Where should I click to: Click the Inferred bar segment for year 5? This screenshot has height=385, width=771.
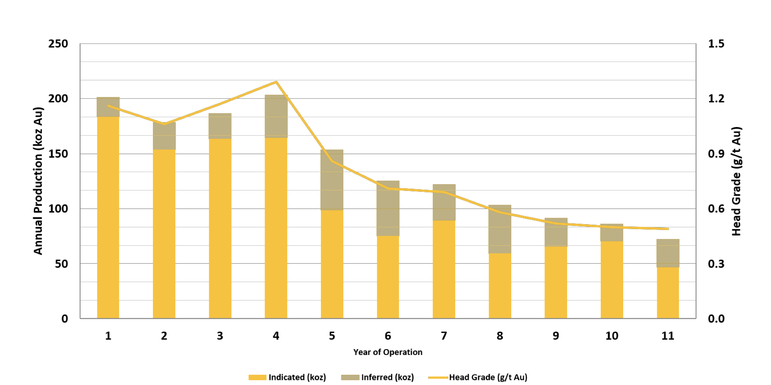[332, 180]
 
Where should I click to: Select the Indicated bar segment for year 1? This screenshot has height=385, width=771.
[108, 217]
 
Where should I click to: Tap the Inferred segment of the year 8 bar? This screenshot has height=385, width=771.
[500, 229]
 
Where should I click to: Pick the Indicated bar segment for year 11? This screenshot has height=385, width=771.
[668, 293]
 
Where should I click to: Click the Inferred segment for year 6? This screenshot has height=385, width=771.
[388, 208]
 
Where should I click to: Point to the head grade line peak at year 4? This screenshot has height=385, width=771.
[276, 82]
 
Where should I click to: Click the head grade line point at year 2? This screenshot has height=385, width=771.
[164, 124]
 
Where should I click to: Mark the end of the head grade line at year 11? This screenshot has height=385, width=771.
[668, 229]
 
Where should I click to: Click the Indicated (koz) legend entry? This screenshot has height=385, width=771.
[287, 377]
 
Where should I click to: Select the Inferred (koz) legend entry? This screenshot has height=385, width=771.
[378, 377]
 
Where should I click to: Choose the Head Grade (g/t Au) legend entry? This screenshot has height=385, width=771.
[478, 377]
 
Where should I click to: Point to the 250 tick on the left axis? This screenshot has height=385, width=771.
[58, 44]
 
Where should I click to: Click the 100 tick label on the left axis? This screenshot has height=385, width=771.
[58, 209]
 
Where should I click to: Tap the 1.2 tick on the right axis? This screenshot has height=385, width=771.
[716, 99]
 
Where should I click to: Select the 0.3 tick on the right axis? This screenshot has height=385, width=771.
[716, 264]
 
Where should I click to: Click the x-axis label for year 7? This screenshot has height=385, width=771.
[444, 336]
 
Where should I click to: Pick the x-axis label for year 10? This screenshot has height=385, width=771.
[612, 336]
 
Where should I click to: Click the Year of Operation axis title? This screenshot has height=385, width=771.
[388, 352]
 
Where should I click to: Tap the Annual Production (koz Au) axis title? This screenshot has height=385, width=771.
[38, 181]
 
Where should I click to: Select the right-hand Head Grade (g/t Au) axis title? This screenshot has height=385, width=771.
[736, 181]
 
